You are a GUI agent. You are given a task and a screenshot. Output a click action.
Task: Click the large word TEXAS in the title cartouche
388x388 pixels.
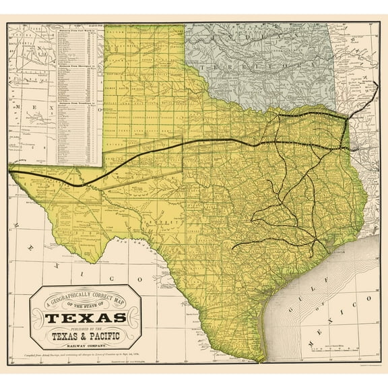(x=86, y=317)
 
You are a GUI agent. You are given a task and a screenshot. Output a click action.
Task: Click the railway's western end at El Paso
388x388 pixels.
(x=11, y=172)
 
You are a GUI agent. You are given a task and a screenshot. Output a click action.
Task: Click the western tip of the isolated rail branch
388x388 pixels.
(x=232, y=247)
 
